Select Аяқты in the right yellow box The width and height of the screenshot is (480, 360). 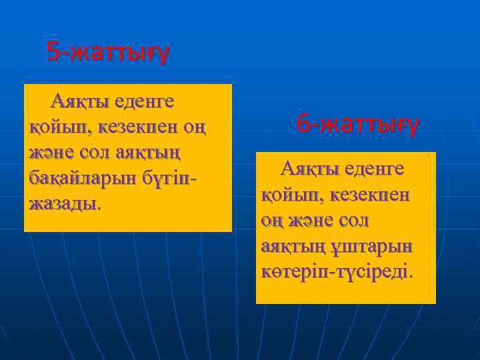309,168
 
